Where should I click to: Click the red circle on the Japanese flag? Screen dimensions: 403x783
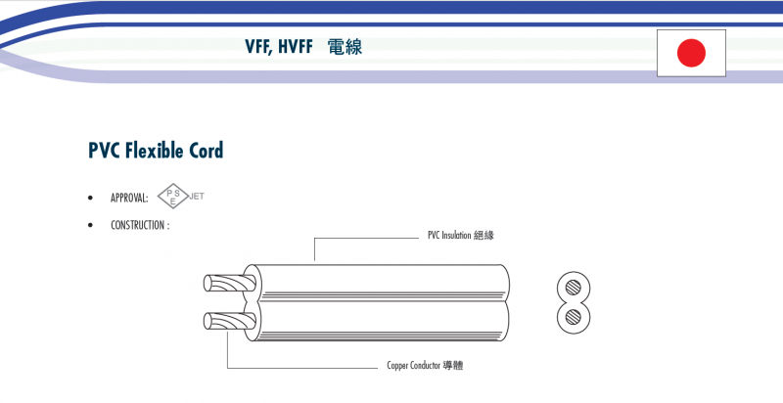[x=692, y=52]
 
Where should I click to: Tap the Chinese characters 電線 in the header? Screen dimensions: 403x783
[x=346, y=46]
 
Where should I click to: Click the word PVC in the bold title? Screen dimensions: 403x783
[x=105, y=151]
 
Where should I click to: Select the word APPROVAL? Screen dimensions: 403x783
[x=129, y=199]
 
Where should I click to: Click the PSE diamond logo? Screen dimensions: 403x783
[x=171, y=197]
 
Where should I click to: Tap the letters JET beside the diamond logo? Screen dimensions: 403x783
[x=196, y=196]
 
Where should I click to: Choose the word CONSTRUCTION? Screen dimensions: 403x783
[x=140, y=225]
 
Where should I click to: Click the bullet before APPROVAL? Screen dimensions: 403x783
[x=91, y=199]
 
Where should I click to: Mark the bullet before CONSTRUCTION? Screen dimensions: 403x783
[x=91, y=225]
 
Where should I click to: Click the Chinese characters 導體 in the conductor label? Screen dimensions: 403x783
[x=453, y=367]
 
